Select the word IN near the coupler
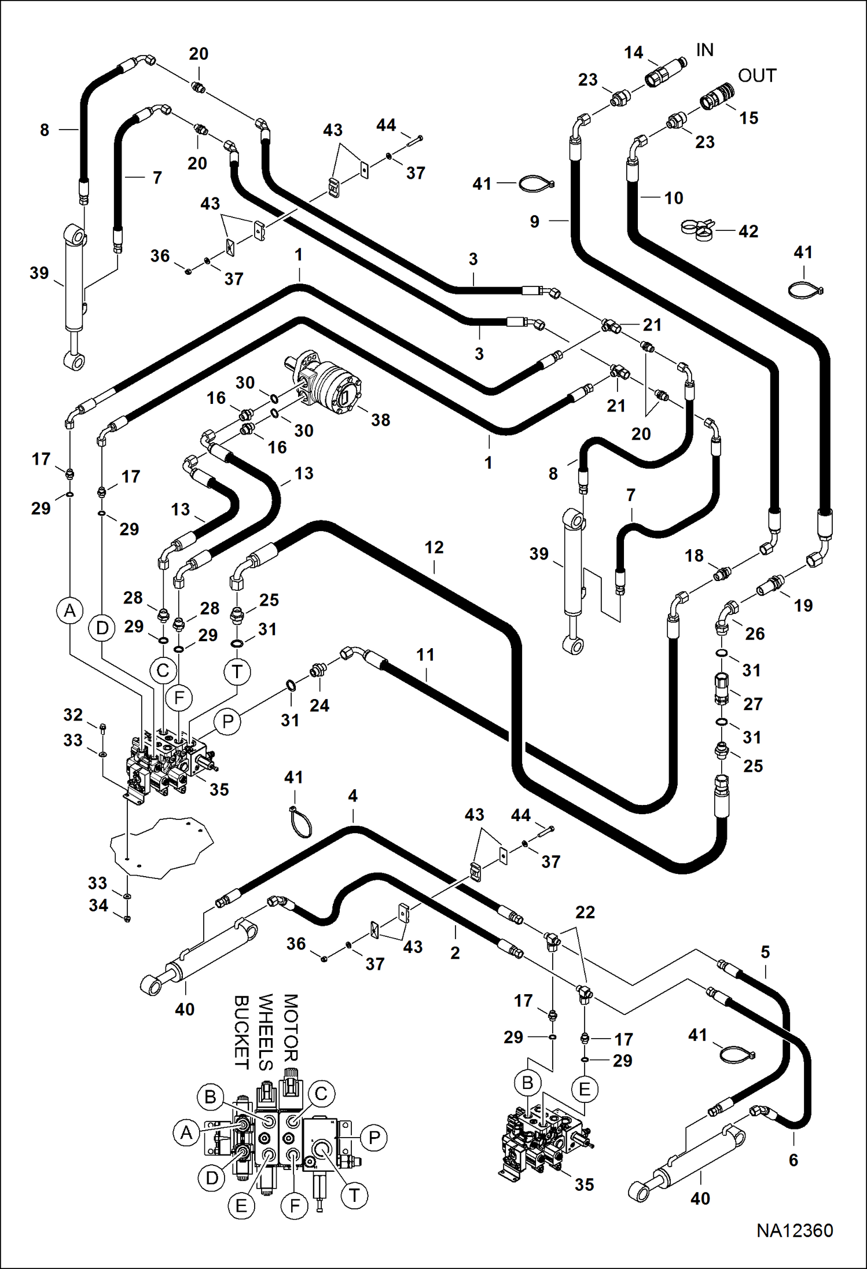tap(704, 50)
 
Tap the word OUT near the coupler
tap(757, 76)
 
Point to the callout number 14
tap(634, 53)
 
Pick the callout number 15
tap(748, 118)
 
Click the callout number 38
tap(380, 420)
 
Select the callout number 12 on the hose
tap(434, 547)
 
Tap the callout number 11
tap(425, 655)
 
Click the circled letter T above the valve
tap(237, 672)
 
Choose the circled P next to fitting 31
tap(228, 722)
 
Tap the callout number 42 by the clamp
tap(748, 231)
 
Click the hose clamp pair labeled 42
tap(697, 230)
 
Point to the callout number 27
tap(752, 704)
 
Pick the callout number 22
tap(585, 913)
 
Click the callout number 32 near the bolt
tap(73, 715)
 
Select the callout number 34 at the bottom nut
tap(98, 906)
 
